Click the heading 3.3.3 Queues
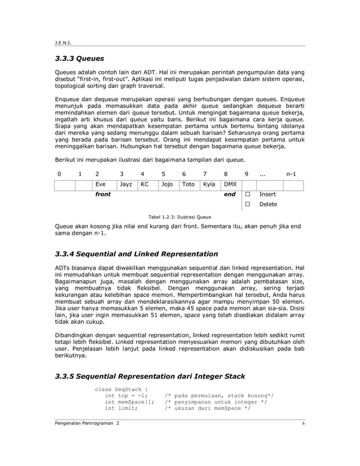point(79,58)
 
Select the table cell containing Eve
point(104,184)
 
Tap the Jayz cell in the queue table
point(126,184)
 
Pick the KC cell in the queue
point(147,184)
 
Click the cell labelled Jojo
point(168,184)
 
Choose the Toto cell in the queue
point(189,184)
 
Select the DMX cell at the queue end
point(230,184)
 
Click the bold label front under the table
point(103,194)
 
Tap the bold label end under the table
point(230,194)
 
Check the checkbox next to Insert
point(247,194)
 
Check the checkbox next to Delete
point(247,204)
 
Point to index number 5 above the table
point(163,174)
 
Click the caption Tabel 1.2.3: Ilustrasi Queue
point(179,216)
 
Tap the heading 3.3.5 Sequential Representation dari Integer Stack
point(150,376)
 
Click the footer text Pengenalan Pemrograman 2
point(87,423)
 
